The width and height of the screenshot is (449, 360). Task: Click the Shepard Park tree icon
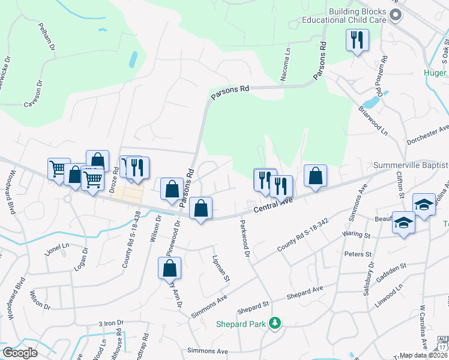[x=276, y=323]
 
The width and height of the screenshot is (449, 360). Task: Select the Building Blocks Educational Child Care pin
[x=394, y=15]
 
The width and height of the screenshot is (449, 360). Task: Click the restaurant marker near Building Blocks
[x=357, y=40]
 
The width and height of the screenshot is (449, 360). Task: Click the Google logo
[x=20, y=353]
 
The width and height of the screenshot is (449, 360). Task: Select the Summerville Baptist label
[x=411, y=165]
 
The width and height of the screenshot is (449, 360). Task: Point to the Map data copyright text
[x=423, y=355]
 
